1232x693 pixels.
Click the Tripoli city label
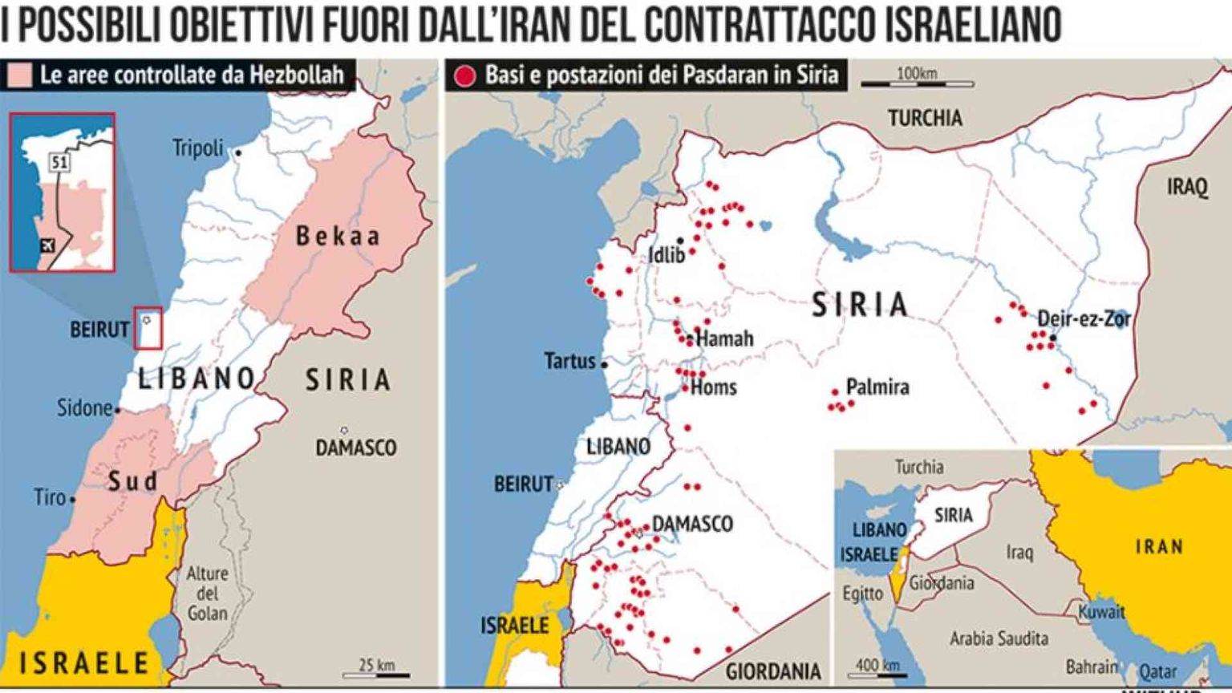[197, 148]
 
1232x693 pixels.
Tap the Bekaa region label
[338, 236]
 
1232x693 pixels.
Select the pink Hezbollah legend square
[19, 75]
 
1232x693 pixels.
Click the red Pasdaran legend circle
[464, 76]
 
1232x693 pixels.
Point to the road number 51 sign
[59, 163]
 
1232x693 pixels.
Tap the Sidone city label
[84, 407]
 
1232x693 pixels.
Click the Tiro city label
[50, 497]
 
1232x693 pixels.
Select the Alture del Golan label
[207, 594]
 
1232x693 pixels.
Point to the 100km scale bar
[917, 82]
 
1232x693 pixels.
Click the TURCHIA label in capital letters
[925, 119]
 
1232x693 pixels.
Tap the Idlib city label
[667, 255]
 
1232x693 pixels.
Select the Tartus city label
[570, 361]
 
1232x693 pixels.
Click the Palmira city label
[877, 387]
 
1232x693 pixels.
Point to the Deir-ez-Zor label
[1084, 319]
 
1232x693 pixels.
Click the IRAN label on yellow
[1159, 547]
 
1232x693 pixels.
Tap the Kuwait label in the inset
[1101, 611]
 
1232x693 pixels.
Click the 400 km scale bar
[877, 671]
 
